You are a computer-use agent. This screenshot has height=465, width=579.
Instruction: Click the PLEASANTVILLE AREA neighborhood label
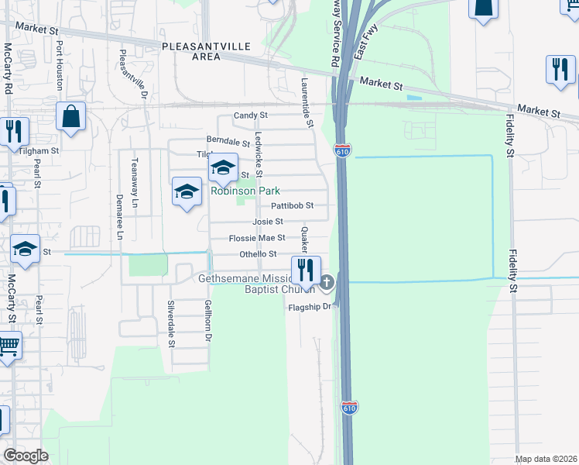click(207, 51)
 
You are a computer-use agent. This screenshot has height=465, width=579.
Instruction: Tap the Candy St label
click(251, 115)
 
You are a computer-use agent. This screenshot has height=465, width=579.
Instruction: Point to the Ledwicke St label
click(259, 153)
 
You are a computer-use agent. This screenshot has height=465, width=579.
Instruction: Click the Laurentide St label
click(307, 102)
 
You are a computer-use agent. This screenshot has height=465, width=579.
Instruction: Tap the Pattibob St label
click(292, 205)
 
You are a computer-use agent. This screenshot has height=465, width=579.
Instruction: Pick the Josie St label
click(267, 222)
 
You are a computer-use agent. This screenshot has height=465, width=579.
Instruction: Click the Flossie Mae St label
click(257, 238)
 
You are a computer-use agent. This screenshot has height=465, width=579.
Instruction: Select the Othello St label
click(257, 254)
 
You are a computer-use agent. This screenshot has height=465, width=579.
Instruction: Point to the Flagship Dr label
click(309, 307)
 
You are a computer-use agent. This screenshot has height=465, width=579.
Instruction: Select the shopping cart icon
click(8, 346)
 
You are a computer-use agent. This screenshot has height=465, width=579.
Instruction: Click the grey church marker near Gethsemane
click(327, 283)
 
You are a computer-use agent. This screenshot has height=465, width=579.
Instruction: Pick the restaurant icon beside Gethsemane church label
click(306, 270)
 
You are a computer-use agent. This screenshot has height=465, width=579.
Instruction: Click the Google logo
click(26, 456)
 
